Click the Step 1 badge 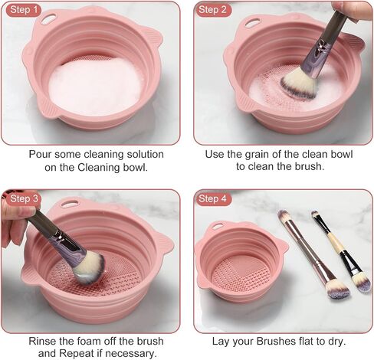(24, 10)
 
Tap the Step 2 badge (212, 10)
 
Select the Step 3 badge (24, 199)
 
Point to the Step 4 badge (212, 199)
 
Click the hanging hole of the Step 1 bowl (48, 18)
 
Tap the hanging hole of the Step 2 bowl (253, 22)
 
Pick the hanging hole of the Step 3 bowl (69, 204)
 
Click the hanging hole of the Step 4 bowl (216, 226)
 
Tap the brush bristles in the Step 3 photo (90, 267)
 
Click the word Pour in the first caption (40, 155)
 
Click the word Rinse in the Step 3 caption (42, 341)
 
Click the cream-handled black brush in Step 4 (342, 251)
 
